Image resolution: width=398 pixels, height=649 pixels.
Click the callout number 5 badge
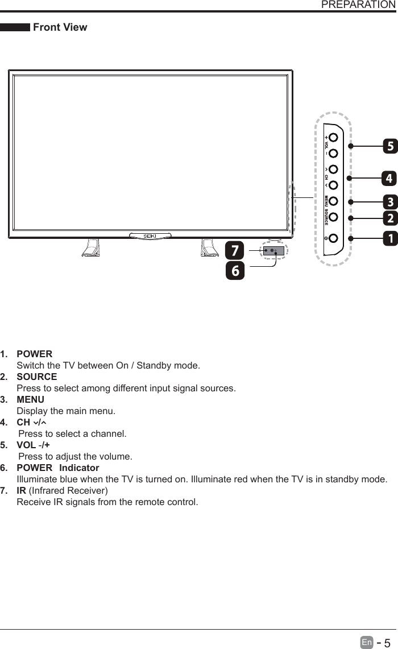point(389,146)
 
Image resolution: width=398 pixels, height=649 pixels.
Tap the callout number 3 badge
point(389,202)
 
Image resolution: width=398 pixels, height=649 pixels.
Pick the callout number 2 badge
point(389,218)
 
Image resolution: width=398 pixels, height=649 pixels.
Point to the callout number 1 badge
point(389,238)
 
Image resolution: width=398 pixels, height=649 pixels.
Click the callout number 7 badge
point(235,250)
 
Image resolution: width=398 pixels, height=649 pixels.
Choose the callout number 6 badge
point(235,270)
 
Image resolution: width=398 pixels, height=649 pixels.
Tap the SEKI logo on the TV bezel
point(150,235)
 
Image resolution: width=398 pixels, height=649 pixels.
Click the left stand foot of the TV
point(90,248)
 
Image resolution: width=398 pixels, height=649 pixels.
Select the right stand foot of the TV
point(209,248)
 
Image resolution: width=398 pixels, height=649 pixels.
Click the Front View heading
point(60,27)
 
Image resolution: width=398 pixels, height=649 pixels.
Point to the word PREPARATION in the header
point(358,5)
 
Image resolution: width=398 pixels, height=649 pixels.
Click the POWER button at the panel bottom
point(334,238)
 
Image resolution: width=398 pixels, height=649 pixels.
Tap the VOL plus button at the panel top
point(334,138)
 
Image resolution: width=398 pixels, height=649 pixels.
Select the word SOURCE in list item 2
point(37,377)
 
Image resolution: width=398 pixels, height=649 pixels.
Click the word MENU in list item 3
point(31,399)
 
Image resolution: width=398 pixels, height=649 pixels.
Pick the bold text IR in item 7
point(21,491)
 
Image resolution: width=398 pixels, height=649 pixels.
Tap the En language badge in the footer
point(367,643)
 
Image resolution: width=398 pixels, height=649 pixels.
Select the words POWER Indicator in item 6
point(58,468)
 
